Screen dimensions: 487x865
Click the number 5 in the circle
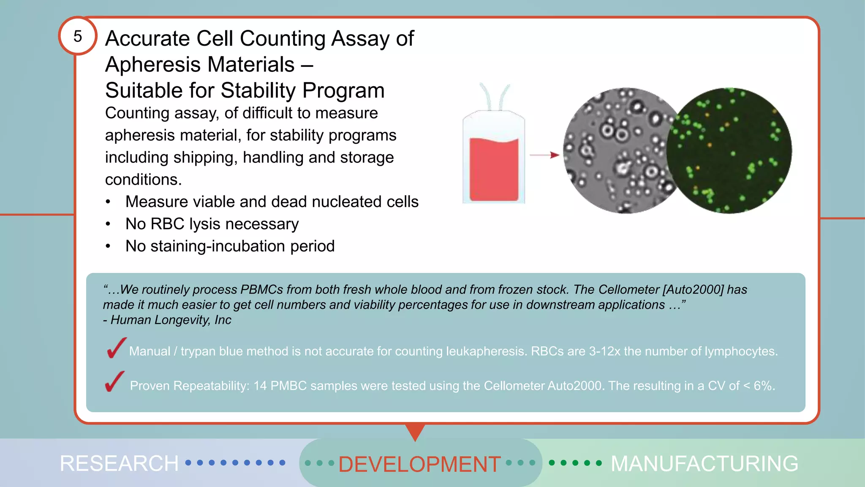[x=77, y=36]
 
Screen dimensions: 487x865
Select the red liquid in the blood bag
[x=494, y=169]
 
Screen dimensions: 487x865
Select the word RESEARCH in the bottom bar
[x=119, y=463]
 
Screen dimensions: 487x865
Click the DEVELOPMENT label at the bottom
[x=419, y=464]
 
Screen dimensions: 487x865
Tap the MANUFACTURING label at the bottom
[x=704, y=463]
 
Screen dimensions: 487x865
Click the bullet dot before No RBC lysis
[x=108, y=224]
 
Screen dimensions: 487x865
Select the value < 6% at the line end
[x=759, y=386]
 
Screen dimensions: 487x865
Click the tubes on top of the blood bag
[x=494, y=96]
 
